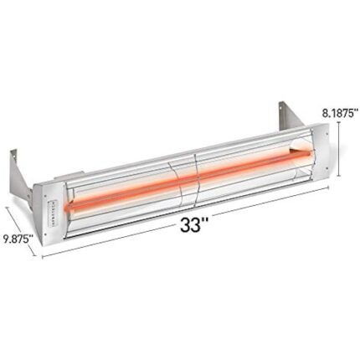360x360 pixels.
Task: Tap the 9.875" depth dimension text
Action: coord(18,239)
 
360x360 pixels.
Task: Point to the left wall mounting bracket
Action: coord(18,168)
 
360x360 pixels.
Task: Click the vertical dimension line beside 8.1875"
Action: coord(339,147)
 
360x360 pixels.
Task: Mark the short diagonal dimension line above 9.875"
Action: coord(21,219)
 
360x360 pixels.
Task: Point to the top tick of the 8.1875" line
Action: coord(339,122)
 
